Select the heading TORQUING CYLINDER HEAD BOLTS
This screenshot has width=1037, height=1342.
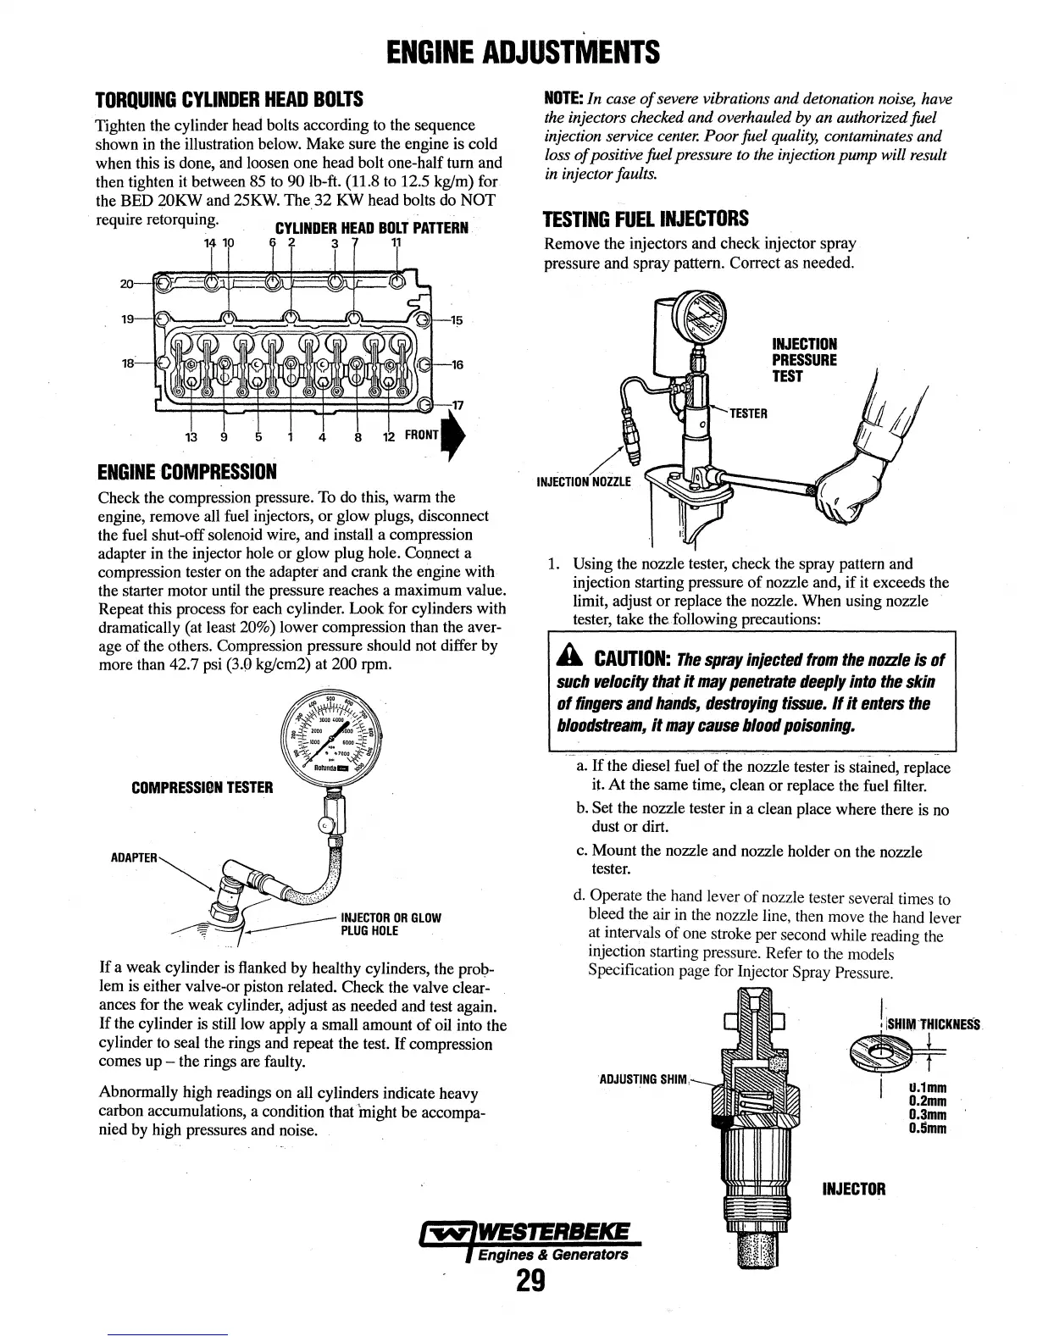229,99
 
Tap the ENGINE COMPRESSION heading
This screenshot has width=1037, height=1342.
187,470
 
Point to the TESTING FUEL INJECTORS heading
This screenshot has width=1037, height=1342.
646,219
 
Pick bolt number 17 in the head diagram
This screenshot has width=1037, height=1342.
457,405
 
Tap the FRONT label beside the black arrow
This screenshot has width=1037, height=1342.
421,435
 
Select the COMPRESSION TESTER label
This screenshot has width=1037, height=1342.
202,787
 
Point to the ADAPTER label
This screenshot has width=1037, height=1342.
134,857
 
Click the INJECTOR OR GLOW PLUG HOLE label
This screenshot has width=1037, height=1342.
391,924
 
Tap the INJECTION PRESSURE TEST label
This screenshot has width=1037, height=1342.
804,360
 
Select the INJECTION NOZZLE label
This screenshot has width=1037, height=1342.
585,483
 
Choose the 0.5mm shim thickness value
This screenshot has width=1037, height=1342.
925,1128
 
